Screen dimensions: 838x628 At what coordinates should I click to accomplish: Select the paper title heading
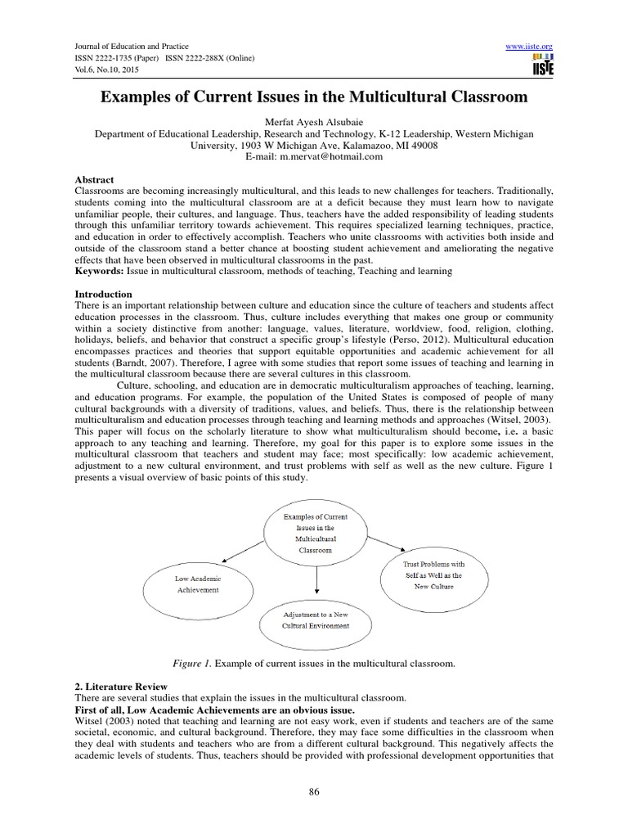314,98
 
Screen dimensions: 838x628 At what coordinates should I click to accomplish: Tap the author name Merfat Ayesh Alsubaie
314,123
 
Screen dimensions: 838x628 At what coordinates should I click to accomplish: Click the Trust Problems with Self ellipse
433,575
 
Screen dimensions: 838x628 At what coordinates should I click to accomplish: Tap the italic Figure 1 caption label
201,661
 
